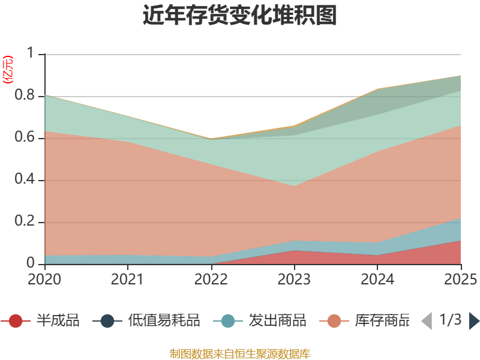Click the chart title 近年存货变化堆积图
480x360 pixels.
pyautogui.click(x=239, y=15)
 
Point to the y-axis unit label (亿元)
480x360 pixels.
pyautogui.click(x=8, y=70)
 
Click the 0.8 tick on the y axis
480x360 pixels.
pyautogui.click(x=25, y=95)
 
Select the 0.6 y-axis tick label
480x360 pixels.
pyautogui.click(x=25, y=137)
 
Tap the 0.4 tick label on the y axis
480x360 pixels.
pyautogui.click(x=25, y=179)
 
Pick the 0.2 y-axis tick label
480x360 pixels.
pyautogui.click(x=25, y=221)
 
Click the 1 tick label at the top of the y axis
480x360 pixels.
pyautogui.click(x=31, y=53)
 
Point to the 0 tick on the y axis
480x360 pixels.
pyautogui.click(x=31, y=263)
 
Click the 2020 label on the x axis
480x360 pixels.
pyautogui.click(x=44, y=280)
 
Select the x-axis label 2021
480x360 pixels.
pyautogui.click(x=127, y=280)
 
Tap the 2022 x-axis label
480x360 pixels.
pyautogui.click(x=211, y=280)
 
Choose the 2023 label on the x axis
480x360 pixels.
pyautogui.click(x=294, y=280)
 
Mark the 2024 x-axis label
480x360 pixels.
pyautogui.click(x=377, y=280)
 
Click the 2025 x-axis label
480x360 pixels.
pyautogui.click(x=461, y=280)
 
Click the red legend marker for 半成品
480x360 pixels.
pyautogui.click(x=16, y=321)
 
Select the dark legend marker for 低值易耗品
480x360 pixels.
pyautogui.click(x=107, y=321)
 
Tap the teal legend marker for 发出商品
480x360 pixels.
pyautogui.click(x=228, y=321)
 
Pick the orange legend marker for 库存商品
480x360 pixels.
pyautogui.click(x=334, y=321)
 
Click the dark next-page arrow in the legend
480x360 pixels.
pyautogui.click(x=474, y=321)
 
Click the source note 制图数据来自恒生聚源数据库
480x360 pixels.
pyautogui.click(x=240, y=354)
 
